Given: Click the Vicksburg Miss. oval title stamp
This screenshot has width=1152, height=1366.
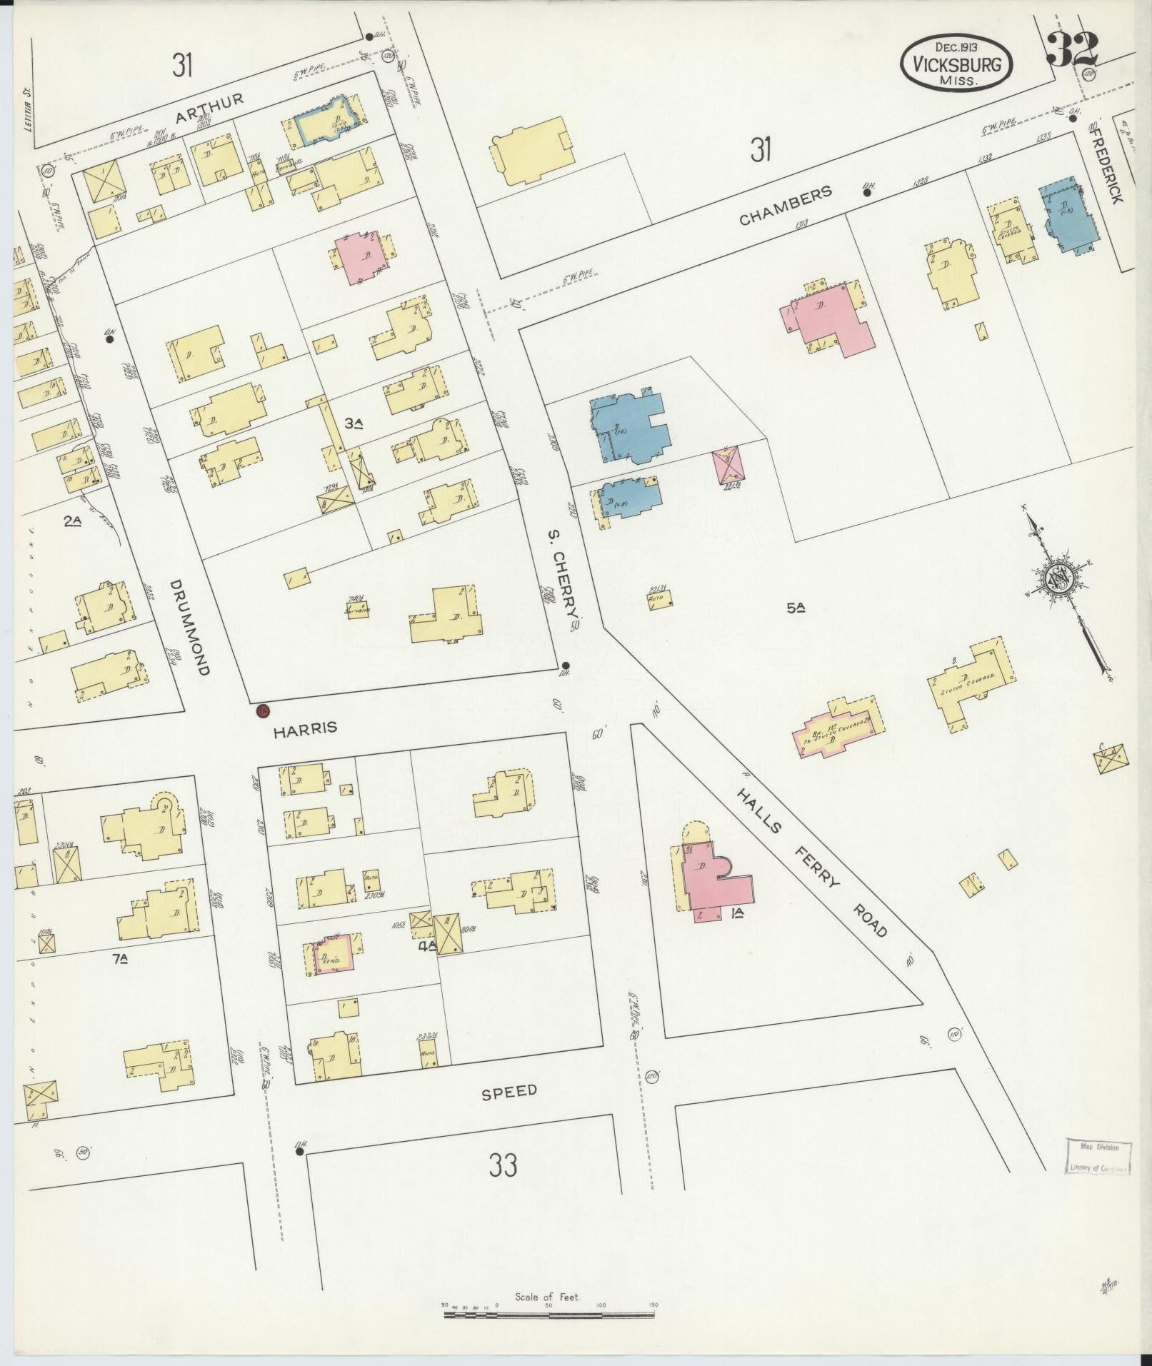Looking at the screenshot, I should pyautogui.click(x=955, y=64).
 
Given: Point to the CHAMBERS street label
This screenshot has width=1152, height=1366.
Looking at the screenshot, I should pyautogui.click(x=786, y=206).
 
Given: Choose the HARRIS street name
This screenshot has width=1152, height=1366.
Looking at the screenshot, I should pyautogui.click(x=306, y=728).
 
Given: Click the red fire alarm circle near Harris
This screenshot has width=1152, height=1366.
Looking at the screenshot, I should pyautogui.click(x=262, y=710).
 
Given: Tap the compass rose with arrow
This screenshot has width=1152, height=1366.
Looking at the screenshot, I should pyautogui.click(x=1060, y=580).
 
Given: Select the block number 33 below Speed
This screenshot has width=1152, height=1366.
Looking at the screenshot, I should pyautogui.click(x=503, y=1185).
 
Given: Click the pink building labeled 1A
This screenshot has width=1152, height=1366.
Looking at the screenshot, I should pyautogui.click(x=714, y=882).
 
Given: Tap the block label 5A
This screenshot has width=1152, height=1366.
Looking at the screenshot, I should pyautogui.click(x=796, y=608).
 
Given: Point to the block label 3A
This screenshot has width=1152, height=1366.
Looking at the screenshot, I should pyautogui.click(x=354, y=423).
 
